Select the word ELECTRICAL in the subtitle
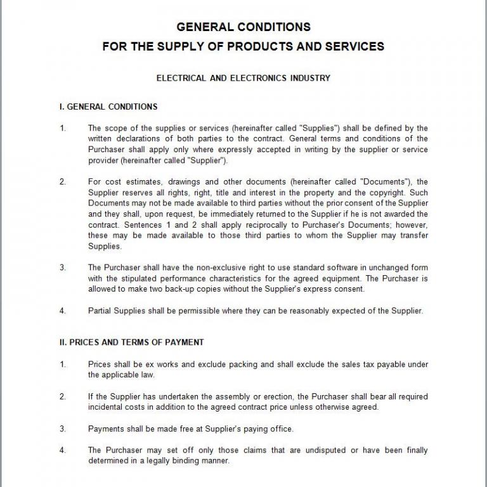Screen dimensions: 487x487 tap(181, 79)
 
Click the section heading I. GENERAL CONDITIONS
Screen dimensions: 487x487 tap(108, 107)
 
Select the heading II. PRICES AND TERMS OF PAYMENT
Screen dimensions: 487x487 tap(132, 342)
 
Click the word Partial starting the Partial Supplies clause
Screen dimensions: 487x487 tap(101, 311)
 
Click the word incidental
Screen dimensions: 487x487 tap(107, 407)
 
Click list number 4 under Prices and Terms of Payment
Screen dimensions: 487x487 tap(63, 450)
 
